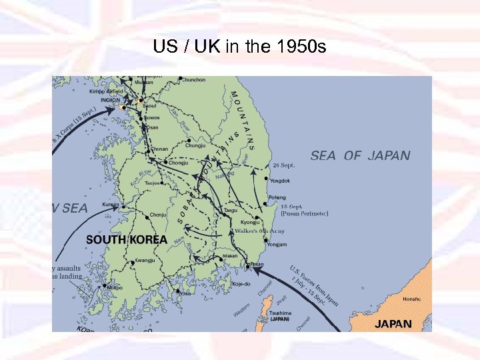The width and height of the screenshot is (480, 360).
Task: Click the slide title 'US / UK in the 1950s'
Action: [x=239, y=47]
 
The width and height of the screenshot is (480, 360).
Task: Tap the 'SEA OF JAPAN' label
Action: [x=361, y=155]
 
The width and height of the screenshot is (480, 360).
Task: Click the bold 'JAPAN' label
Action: [x=393, y=324]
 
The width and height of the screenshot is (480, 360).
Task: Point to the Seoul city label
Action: [x=150, y=105]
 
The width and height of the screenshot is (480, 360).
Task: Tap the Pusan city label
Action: [x=257, y=265]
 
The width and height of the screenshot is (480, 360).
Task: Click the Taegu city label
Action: [x=231, y=210]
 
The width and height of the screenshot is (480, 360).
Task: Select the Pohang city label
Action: [x=277, y=197]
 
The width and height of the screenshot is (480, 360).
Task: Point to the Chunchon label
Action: [x=193, y=80]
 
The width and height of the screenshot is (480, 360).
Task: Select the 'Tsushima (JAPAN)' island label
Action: [x=279, y=315]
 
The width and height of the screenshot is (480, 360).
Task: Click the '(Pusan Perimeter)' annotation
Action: [x=303, y=215]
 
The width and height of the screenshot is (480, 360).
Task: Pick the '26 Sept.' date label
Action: [x=283, y=165]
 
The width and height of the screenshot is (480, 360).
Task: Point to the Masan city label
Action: [x=230, y=256]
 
